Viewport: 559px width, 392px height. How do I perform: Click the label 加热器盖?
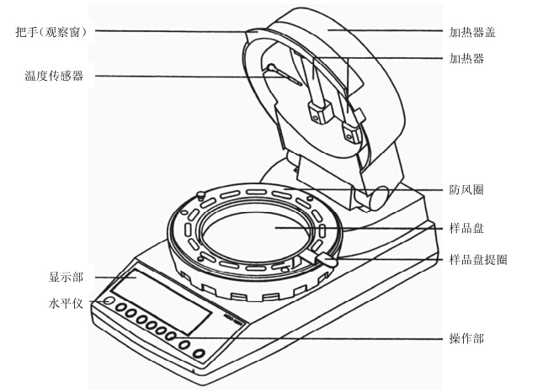click(x=472, y=33)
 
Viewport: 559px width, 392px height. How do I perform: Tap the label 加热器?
click(x=466, y=59)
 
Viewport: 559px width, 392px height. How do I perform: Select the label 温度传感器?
click(x=55, y=77)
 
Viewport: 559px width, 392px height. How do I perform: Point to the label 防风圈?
click(x=466, y=190)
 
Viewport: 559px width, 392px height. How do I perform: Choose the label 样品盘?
click(x=466, y=228)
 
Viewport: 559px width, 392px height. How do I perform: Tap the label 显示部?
click(x=67, y=277)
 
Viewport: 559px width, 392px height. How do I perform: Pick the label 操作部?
click(x=466, y=339)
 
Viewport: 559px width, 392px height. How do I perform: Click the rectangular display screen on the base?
click(x=160, y=299)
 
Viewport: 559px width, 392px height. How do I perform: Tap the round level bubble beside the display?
click(x=109, y=301)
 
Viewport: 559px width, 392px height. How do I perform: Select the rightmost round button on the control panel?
click(x=200, y=352)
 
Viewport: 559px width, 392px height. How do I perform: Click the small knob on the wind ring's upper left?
click(x=203, y=195)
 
